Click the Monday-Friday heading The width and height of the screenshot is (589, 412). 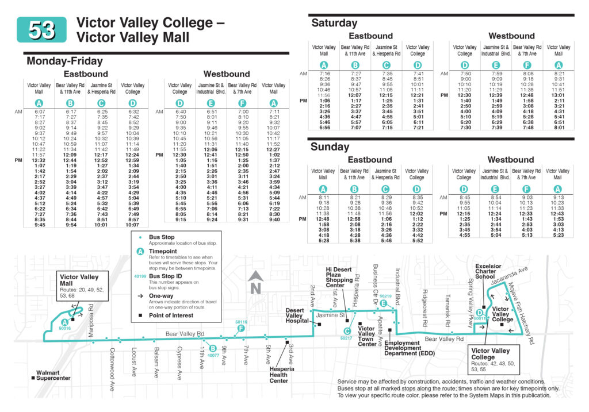coord(64,61)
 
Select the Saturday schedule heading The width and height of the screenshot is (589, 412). coord(334,23)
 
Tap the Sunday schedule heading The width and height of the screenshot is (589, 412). coord(330,147)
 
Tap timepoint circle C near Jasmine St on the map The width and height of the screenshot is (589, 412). coord(347,330)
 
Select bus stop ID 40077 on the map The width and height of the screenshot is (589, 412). coord(212,355)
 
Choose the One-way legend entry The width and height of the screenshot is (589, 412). coord(162,297)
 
